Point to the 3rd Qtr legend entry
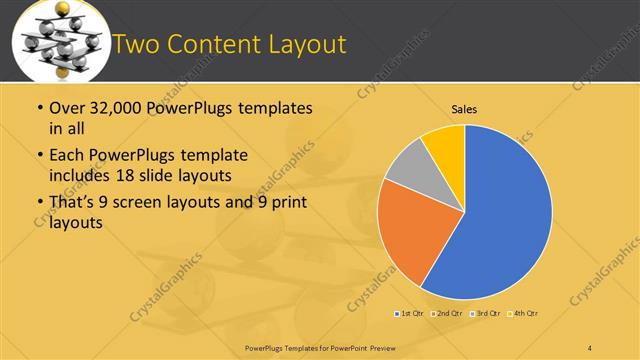(x=484, y=314)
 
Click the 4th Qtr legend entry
(x=522, y=314)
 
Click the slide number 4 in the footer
(x=590, y=347)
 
